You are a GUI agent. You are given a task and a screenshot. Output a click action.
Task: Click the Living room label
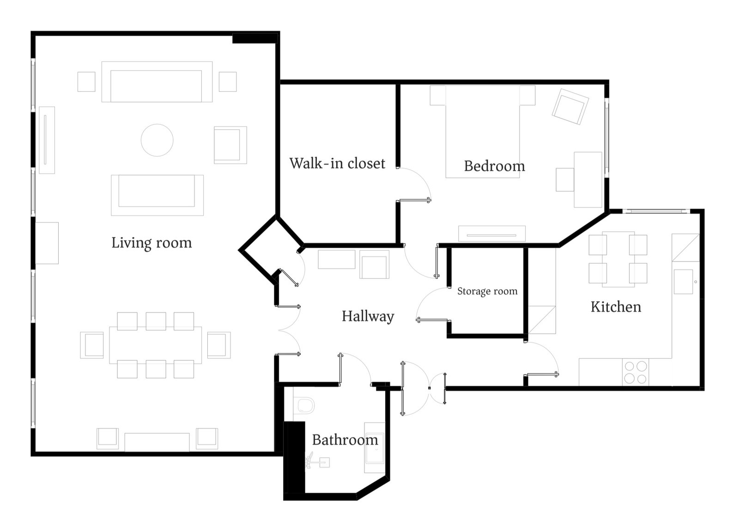(151, 243)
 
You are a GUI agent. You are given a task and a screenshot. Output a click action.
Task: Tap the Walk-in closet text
(337, 164)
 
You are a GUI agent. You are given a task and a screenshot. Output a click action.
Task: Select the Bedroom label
(494, 166)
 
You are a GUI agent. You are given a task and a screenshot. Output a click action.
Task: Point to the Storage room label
(487, 291)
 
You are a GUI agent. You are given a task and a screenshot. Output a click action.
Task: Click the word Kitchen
(616, 307)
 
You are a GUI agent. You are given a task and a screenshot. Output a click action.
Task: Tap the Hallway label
(368, 316)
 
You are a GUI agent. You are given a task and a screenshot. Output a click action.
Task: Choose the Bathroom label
(345, 440)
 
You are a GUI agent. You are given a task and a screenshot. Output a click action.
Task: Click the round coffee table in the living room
(157, 140)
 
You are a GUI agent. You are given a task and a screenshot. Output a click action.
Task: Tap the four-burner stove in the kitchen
(636, 372)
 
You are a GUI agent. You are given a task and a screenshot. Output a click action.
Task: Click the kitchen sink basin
(683, 281)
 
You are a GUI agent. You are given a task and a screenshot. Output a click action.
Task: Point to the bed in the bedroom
(483, 132)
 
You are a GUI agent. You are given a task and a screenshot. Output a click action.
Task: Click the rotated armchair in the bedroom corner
(570, 107)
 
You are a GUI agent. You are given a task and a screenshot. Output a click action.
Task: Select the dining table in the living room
(155, 345)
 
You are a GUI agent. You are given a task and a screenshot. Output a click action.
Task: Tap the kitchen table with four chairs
(618, 259)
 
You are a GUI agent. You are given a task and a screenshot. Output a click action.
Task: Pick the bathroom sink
(375, 448)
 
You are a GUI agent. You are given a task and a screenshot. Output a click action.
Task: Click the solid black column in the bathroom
(295, 458)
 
